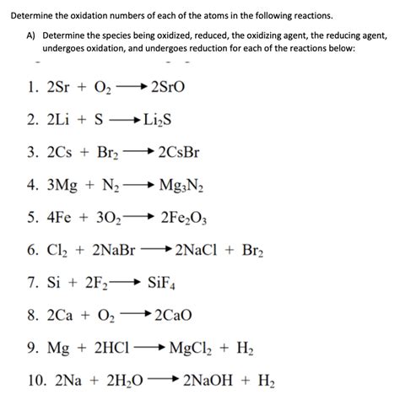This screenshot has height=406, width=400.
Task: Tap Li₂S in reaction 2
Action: point(161,121)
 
